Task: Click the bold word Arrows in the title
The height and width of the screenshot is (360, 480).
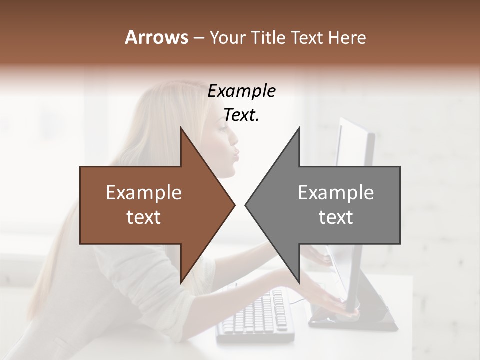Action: [156, 37]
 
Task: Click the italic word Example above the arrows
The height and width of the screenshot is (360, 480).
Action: [242, 91]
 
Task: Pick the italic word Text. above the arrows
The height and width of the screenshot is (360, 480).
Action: [242, 115]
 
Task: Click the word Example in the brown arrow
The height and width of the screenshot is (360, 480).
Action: [144, 192]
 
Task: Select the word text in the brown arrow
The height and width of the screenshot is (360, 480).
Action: [144, 217]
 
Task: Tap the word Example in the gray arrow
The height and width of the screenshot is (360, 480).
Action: [336, 192]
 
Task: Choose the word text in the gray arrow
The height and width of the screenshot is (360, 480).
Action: [336, 217]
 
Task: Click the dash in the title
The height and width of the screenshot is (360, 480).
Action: [198, 38]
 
